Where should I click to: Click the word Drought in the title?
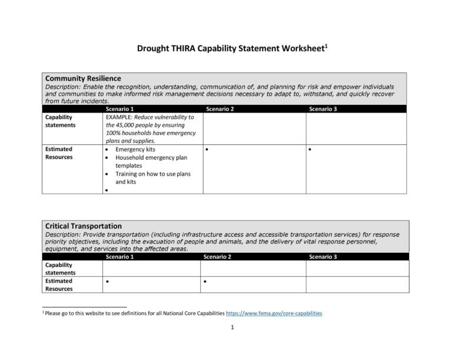pos(155,48)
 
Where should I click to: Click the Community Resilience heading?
pos(83,78)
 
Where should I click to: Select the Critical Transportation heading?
pos(84,226)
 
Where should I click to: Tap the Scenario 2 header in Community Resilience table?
pos(220,109)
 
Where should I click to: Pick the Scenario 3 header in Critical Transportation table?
pos(323,257)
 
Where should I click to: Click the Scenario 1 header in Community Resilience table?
pos(119,109)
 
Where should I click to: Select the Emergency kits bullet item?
pos(135,150)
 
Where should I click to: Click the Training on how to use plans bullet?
pos(152,174)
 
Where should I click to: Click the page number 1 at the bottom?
pos(232,328)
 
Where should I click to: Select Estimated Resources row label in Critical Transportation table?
pos(59,285)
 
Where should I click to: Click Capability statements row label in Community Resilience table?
pos(61,121)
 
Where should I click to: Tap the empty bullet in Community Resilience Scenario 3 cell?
pos(310,150)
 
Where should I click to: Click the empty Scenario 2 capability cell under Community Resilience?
pos(254,128)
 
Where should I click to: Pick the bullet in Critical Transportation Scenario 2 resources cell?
pos(205,282)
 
